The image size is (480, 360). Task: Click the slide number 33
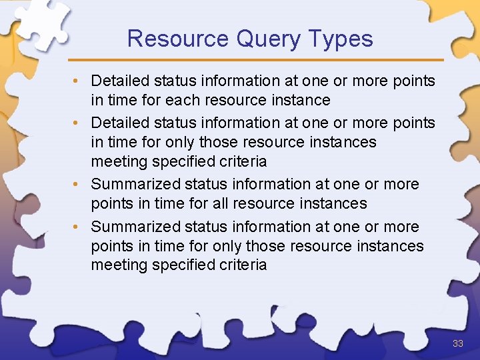pos(457,343)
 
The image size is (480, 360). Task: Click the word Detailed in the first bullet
pos(120,81)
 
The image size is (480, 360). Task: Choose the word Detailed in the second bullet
pos(120,123)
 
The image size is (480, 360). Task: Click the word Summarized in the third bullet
pos(135,185)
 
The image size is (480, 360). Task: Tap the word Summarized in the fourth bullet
pos(135,227)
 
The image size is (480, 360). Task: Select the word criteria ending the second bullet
pos(243,161)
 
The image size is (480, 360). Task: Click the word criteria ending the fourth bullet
pos(243,265)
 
